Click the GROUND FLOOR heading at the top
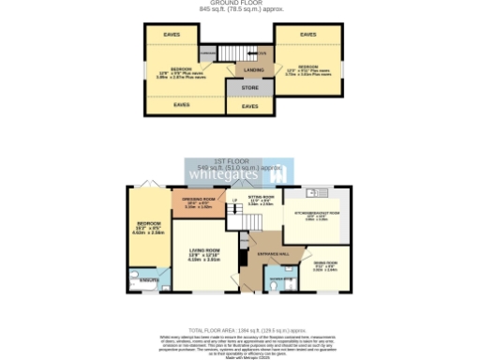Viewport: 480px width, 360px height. click(x=241, y=4)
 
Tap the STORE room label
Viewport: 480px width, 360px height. click(x=249, y=88)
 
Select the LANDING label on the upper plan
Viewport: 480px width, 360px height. click(x=253, y=70)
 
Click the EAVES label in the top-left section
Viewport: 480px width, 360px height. click(x=172, y=35)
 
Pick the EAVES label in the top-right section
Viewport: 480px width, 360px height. click(x=307, y=35)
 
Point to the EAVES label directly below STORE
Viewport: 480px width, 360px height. click(x=249, y=107)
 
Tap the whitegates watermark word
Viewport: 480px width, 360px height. click(x=225, y=174)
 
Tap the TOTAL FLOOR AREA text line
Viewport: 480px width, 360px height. click(x=241, y=331)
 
